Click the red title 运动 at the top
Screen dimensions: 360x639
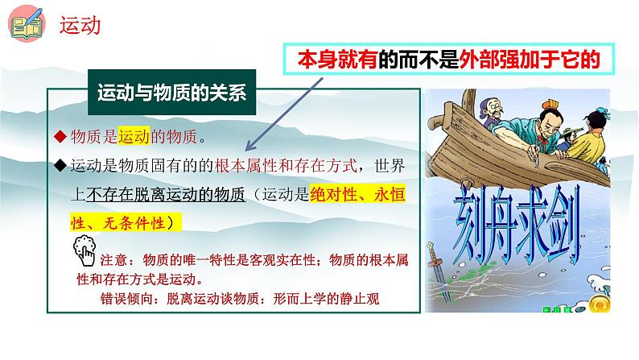pyautogui.click(x=80, y=27)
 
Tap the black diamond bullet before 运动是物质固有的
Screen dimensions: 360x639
pyautogui.click(x=59, y=167)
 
